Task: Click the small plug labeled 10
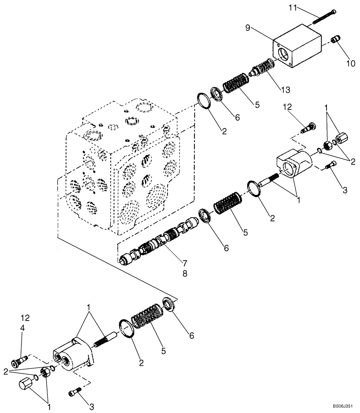pos(336,40)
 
